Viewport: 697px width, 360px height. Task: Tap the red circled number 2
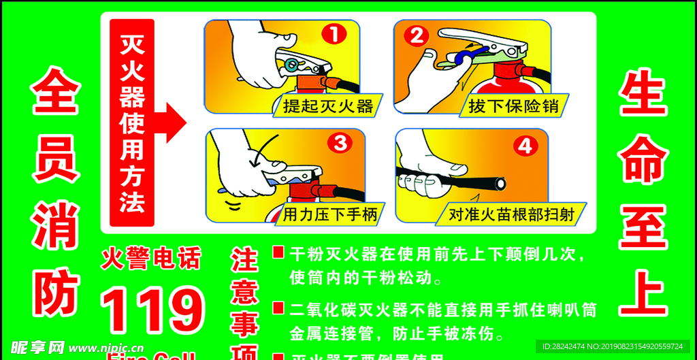(x=416, y=35)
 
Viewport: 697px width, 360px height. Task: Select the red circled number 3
(x=340, y=142)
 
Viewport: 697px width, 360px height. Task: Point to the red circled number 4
(x=525, y=146)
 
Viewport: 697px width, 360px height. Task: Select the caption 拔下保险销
(x=513, y=106)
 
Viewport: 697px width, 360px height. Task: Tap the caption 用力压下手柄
(x=329, y=216)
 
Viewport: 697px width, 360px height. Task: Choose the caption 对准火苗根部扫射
(x=511, y=215)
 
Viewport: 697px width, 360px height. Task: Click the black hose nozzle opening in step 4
(x=500, y=183)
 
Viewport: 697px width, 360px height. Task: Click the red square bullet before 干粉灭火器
(x=278, y=252)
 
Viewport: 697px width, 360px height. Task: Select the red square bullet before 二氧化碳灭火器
(x=278, y=308)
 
